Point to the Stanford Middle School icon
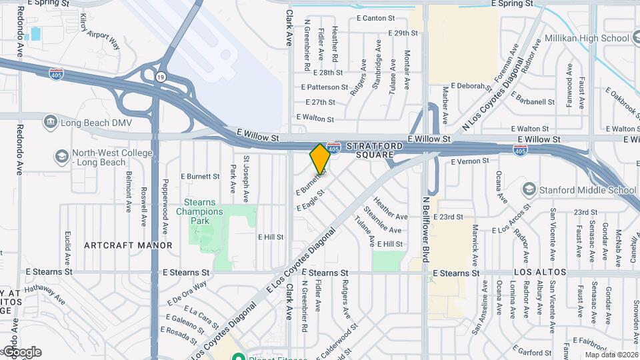click(529, 189)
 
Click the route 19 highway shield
click(161, 77)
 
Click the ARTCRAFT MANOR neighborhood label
click(128, 245)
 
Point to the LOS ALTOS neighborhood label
click(540, 273)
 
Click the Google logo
click(22, 352)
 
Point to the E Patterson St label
click(325, 87)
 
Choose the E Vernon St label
click(470, 161)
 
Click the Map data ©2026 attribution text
click(611, 355)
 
